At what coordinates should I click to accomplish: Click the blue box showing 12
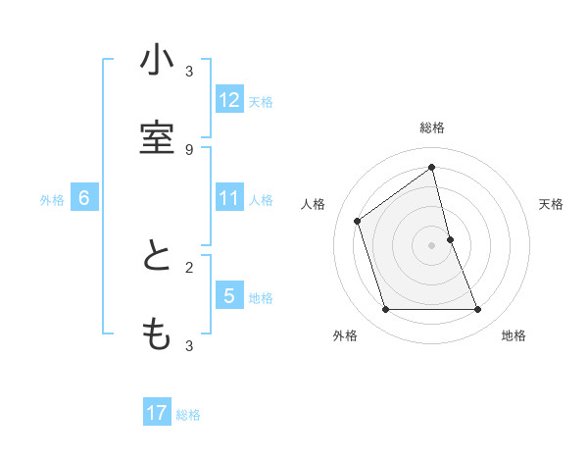(x=229, y=100)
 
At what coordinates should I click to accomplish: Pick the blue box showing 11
(x=229, y=198)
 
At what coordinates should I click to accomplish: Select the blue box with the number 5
(x=229, y=296)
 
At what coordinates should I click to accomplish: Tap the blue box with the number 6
(x=84, y=198)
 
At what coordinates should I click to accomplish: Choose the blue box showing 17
(x=157, y=414)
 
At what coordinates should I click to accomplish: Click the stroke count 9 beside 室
(x=189, y=149)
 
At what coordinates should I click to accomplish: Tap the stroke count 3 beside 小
(x=189, y=71)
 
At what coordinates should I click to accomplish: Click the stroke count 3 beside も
(x=189, y=345)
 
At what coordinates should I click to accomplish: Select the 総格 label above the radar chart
(x=432, y=128)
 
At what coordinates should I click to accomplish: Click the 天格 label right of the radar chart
(x=551, y=204)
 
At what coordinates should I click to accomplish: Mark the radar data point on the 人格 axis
(x=358, y=221)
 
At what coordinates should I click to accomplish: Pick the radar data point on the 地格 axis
(x=478, y=310)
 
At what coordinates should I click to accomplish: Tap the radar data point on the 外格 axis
(x=385, y=310)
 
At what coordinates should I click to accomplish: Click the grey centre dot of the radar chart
(x=432, y=245)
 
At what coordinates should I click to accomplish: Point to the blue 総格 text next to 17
(x=188, y=415)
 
